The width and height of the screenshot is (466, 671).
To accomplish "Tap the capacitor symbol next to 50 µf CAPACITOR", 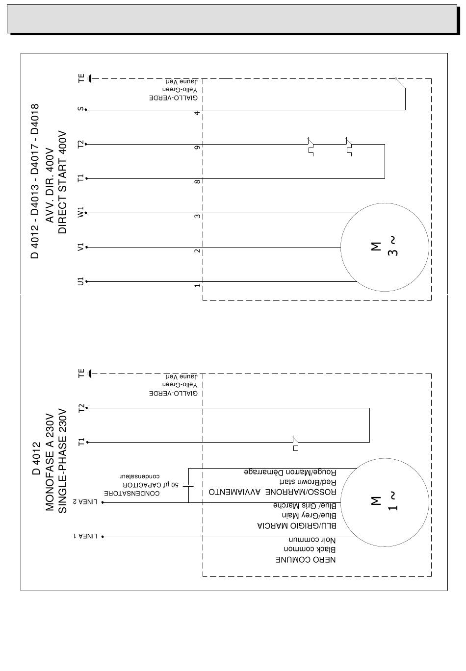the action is (188, 486).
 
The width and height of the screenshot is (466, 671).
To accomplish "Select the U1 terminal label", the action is (80, 281).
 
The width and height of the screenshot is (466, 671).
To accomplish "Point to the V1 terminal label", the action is (80, 247).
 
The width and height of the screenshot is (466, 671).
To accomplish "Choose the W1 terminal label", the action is (80, 212).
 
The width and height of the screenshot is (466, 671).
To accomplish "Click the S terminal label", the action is (80, 109).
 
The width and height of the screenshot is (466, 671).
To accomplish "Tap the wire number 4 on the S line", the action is (197, 113).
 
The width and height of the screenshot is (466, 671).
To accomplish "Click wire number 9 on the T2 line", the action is (197, 148).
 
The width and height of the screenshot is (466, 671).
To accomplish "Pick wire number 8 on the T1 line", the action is (197, 181).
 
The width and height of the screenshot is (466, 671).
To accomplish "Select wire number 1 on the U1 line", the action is (197, 285).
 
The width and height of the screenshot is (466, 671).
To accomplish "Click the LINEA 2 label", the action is (85, 502).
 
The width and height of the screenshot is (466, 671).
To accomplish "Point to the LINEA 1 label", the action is (85, 536).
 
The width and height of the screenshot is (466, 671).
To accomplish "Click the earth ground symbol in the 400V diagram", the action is (90, 78).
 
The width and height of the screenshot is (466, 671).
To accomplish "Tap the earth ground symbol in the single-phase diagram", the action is (90, 373).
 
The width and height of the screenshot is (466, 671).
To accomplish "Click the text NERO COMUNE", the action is (306, 560).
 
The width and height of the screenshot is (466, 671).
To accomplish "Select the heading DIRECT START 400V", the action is (62, 182).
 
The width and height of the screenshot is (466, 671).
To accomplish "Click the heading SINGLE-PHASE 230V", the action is (62, 461).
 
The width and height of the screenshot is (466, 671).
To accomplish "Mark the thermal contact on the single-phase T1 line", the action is (295, 445).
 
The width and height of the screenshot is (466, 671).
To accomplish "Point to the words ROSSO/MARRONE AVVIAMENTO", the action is (272, 492).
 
